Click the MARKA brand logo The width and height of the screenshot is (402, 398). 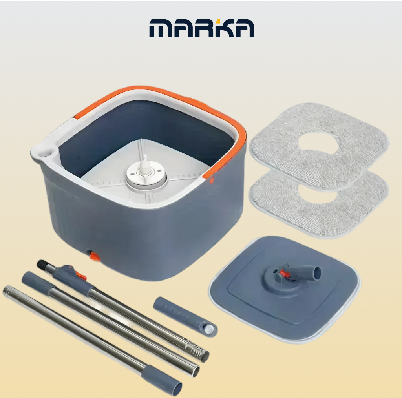pos(202,28)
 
